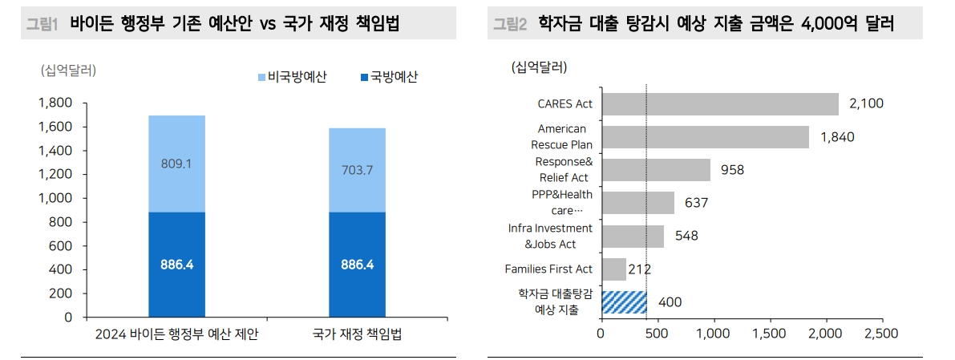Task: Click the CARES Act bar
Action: point(719,104)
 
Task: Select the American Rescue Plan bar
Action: point(705,137)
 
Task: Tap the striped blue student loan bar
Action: point(624,302)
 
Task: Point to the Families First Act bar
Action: point(613,269)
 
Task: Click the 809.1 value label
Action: point(177,164)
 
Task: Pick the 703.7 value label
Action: point(358,170)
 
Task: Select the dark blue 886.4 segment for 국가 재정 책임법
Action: point(358,265)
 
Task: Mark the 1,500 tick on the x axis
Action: point(770,333)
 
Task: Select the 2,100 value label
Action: point(866,104)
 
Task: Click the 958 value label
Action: point(733,170)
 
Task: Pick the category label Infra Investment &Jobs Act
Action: point(550,236)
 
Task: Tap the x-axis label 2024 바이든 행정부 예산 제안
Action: point(177,334)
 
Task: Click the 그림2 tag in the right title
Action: point(510,25)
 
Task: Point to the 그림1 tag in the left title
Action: point(43,25)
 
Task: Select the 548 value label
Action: point(687,237)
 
